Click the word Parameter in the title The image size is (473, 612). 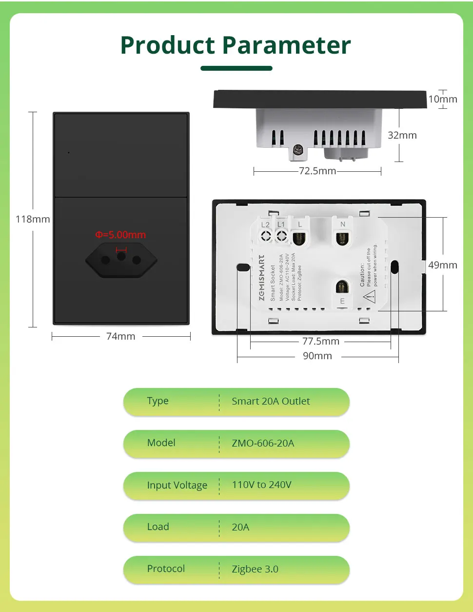click(287, 45)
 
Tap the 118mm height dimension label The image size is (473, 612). click(33, 219)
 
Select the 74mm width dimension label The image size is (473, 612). click(120, 336)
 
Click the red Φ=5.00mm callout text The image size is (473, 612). click(120, 235)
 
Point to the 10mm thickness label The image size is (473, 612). click(443, 99)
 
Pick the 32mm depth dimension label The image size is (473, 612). click(402, 135)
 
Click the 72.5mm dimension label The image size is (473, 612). click(317, 171)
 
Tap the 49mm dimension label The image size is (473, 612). click(443, 265)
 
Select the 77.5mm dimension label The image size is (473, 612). click(320, 341)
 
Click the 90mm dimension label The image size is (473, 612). click(317, 356)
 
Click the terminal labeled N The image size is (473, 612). click(342, 237)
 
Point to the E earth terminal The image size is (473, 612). click(342, 287)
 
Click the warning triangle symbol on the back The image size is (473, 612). click(369, 296)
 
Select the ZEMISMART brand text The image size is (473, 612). click(262, 278)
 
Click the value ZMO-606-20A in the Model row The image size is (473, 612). click(263, 443)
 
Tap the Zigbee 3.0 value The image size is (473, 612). click(255, 569)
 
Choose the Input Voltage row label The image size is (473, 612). click(177, 485)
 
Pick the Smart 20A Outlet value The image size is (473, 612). click(271, 401)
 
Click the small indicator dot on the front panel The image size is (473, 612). click(69, 153)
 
